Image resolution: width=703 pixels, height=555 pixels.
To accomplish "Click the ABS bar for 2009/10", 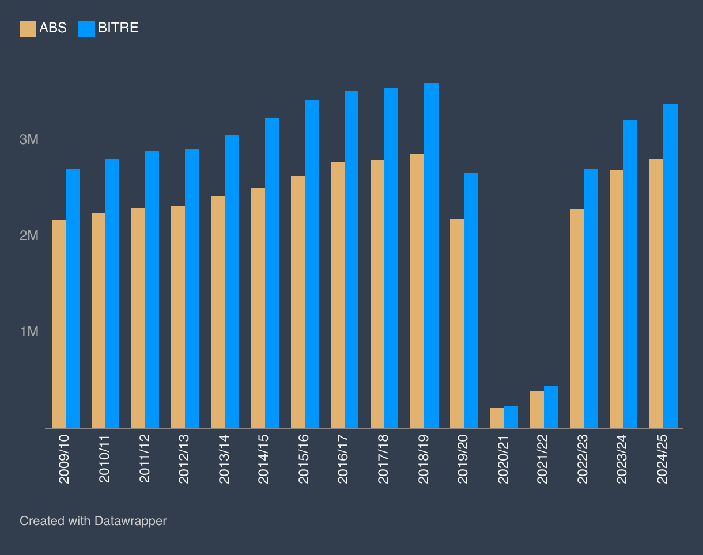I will [59, 324].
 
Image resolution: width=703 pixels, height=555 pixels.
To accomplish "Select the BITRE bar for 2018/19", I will [431, 256].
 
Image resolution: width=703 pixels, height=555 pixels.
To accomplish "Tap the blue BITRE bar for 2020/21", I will [511, 417].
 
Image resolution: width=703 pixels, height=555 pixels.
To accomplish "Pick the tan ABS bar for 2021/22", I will [537, 409].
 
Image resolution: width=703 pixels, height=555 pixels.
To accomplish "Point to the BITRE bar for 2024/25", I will [670, 266].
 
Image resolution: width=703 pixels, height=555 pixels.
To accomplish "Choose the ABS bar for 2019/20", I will [457, 324].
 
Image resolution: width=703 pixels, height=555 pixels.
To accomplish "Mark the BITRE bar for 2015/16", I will [312, 264].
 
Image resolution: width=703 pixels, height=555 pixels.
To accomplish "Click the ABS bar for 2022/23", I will [577, 318].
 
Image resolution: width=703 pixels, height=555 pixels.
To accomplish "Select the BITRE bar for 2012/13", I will [192, 288].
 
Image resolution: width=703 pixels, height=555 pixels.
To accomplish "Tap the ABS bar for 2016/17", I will [338, 295].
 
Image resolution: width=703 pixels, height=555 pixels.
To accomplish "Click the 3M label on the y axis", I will [29, 140].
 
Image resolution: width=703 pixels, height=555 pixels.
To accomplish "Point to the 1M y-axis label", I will [29, 332].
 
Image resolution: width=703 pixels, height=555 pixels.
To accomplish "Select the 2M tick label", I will [29, 236].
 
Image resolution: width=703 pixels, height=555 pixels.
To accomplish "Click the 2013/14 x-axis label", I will [224, 459].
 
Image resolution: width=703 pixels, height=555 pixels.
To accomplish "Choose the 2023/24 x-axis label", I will [623, 459].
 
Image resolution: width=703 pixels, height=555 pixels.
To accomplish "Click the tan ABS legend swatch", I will [28, 28].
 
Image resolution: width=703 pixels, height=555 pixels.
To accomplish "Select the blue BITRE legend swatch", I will [86, 28].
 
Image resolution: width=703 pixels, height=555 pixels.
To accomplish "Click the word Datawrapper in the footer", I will [130, 521].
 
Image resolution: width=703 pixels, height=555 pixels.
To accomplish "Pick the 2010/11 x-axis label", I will [105, 459].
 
